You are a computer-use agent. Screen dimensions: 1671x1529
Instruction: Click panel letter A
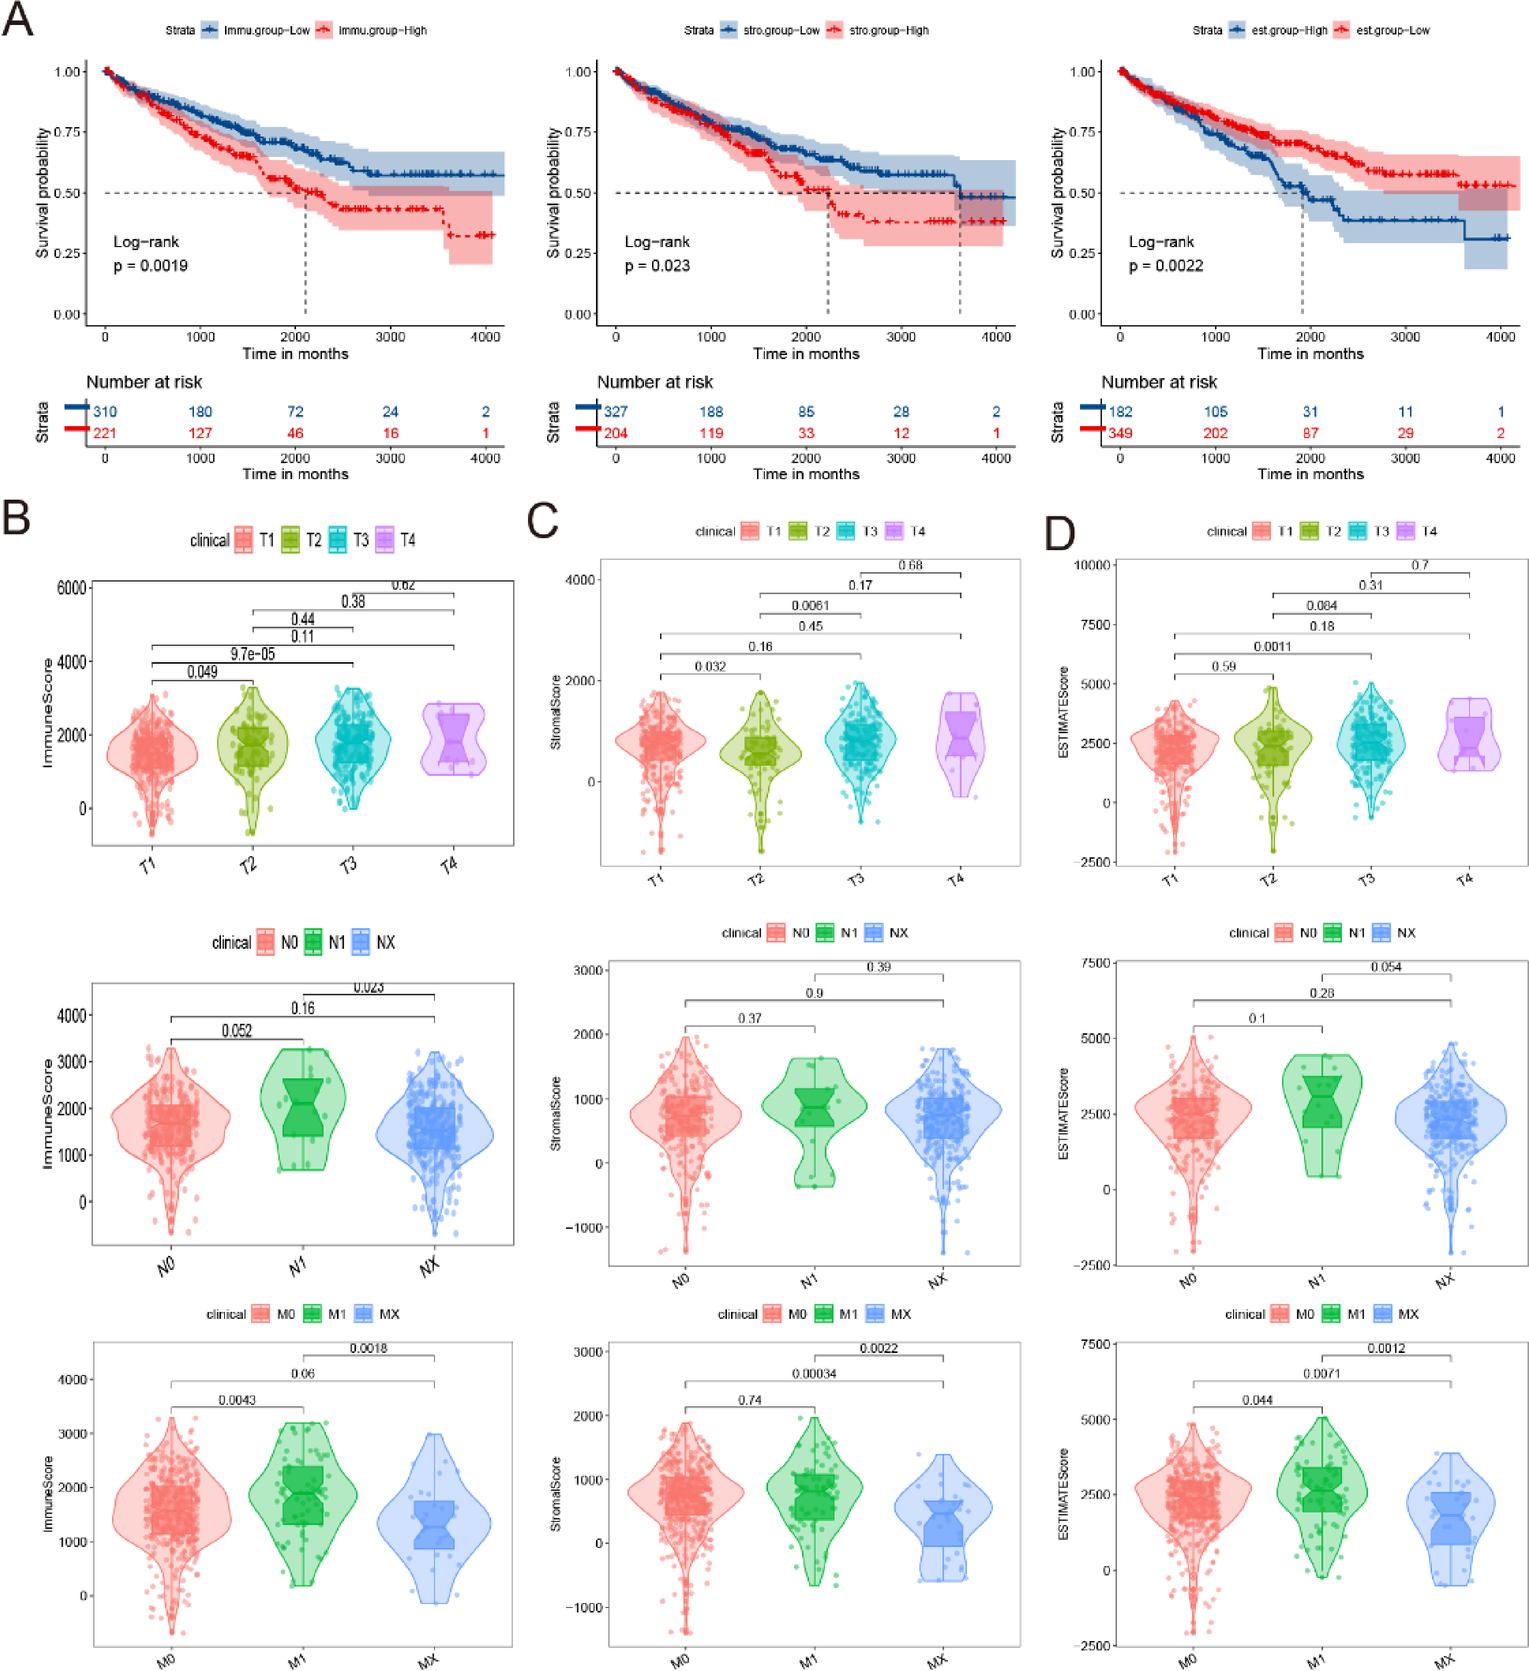coord(18,19)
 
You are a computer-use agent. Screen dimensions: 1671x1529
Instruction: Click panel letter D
coord(1060,533)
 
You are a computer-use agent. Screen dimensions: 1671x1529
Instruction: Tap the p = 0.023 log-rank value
coord(657,266)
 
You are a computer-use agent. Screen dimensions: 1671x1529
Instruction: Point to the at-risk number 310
coord(105,411)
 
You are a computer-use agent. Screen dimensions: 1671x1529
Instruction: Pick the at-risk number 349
coord(1120,433)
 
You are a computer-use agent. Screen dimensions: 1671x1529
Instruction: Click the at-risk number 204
coord(615,433)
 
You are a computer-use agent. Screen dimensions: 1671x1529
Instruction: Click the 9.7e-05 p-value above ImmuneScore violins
coord(252,654)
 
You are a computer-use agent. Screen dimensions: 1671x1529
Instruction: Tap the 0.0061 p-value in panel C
coord(810,606)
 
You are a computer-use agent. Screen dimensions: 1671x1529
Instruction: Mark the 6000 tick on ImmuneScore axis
coord(71,588)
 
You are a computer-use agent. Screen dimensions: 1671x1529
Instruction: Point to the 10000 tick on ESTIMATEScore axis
coord(1092,565)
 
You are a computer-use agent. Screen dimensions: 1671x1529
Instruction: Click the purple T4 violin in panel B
coord(454,740)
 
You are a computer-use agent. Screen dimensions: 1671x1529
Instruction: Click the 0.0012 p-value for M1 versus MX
coord(1386,1349)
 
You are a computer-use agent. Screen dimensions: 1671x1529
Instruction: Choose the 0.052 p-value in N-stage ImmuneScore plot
coord(237,1031)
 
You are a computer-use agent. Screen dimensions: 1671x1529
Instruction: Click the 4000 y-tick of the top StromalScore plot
coord(580,580)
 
